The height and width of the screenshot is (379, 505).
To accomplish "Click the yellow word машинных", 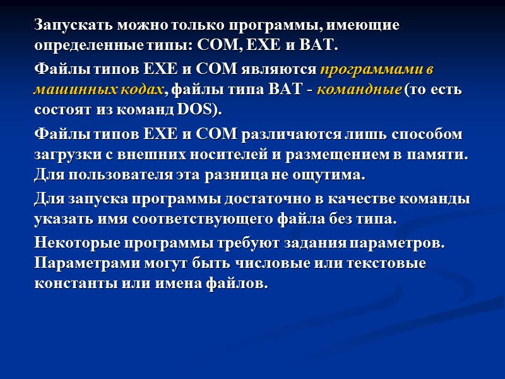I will click(x=71, y=89).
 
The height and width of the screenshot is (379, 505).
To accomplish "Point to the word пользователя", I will click(x=113, y=174).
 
